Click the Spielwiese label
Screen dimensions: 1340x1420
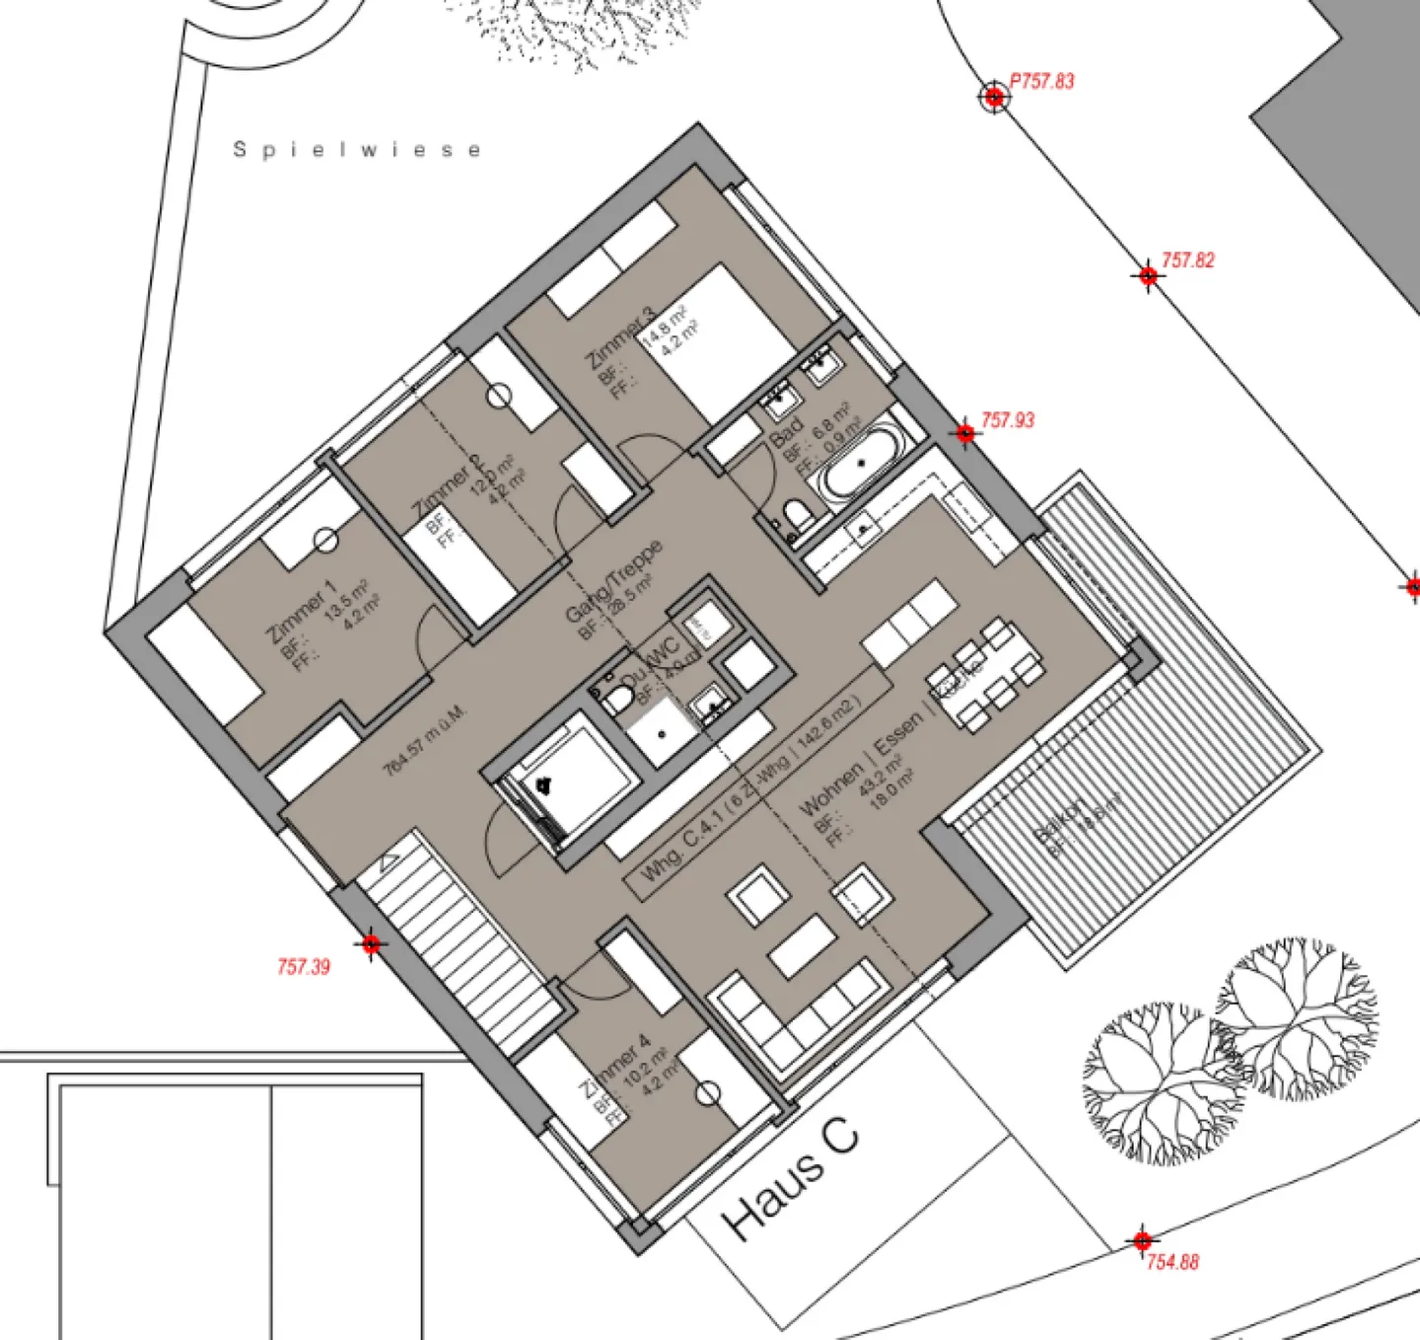357,150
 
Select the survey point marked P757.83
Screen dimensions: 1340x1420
994,96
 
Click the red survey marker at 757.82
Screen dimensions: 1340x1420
1148,275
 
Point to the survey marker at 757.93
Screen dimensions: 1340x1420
965,432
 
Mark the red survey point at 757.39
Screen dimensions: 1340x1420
371,944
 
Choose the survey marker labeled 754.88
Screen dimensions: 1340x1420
1142,1240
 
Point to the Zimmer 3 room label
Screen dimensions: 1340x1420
619,339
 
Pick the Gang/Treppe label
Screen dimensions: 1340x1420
612,581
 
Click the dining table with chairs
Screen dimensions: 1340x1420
984,676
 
